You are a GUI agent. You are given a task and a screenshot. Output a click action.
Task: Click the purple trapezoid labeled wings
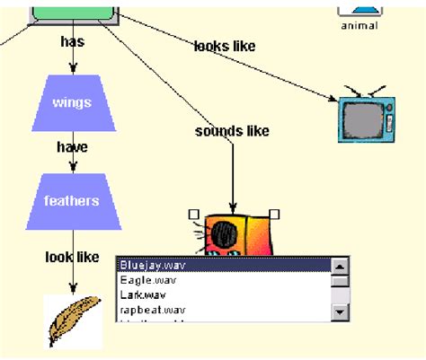tap(72, 103)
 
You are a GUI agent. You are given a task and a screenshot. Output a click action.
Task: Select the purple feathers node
tap(72, 201)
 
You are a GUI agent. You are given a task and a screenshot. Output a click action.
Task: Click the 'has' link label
tap(72, 41)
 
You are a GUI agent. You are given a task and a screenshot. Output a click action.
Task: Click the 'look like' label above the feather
tap(72, 257)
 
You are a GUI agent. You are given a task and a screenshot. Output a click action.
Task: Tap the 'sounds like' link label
tap(232, 131)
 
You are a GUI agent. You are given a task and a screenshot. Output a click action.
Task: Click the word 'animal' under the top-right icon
tap(359, 25)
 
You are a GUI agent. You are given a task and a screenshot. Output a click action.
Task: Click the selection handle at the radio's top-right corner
tap(275, 214)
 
